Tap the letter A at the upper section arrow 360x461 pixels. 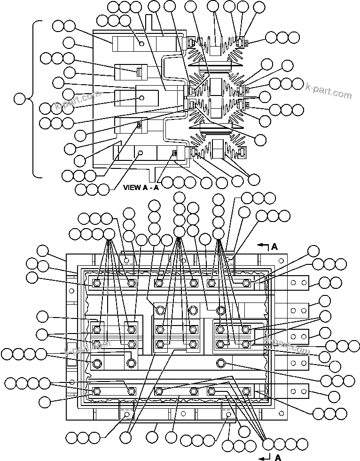[275, 246]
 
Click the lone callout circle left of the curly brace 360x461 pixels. [20, 99]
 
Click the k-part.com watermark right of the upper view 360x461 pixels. [328, 91]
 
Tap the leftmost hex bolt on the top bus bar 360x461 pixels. [97, 283]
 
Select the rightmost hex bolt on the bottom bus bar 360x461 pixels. [246, 391]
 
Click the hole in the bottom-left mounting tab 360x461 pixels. [126, 414]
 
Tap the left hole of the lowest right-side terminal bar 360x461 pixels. [293, 391]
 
